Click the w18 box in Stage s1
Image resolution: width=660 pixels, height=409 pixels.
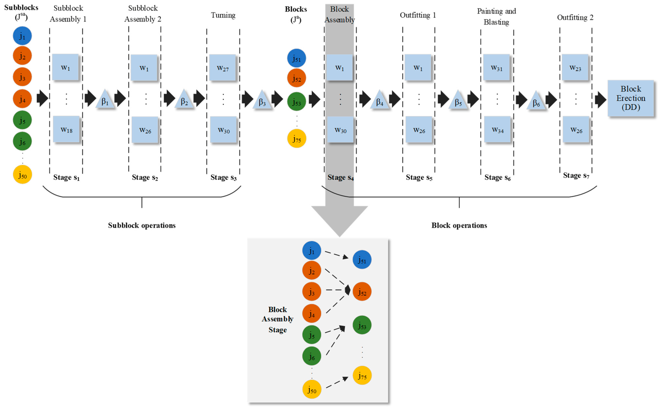pos(66,129)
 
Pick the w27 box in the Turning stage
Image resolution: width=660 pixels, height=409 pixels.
pos(222,68)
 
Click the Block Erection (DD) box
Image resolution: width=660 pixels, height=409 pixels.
pos(630,98)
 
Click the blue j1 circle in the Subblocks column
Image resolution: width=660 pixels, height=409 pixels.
pos(22,36)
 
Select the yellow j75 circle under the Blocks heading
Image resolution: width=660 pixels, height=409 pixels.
pos(297,138)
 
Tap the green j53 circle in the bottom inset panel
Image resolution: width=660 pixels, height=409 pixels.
pos(362,325)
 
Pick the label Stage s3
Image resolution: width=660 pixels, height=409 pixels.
pos(223,177)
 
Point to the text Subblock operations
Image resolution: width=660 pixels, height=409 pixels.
pos(142,225)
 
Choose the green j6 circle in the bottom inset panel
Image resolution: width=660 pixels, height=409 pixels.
pos(312,356)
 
